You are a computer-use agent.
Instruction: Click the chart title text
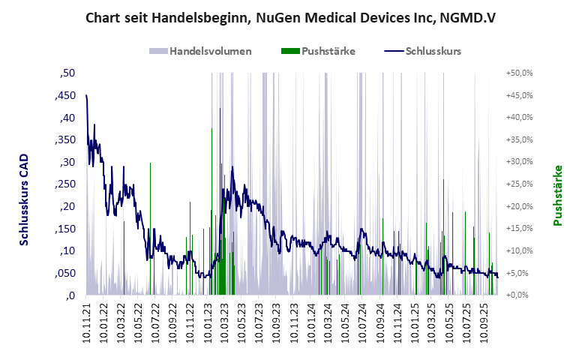[x=289, y=16]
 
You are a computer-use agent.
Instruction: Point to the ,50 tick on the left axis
[x=67, y=73]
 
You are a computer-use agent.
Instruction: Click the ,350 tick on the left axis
[x=65, y=140]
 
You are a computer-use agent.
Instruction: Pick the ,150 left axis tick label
[x=65, y=229]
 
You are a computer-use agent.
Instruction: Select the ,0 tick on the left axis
[x=70, y=295]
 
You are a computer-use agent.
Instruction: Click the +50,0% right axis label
[x=519, y=73]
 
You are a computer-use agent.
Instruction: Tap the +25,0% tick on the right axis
[x=519, y=184]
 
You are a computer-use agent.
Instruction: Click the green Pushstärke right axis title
[x=557, y=195]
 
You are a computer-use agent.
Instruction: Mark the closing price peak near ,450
[x=87, y=96]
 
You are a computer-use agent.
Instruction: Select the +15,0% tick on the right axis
[x=519, y=229]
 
